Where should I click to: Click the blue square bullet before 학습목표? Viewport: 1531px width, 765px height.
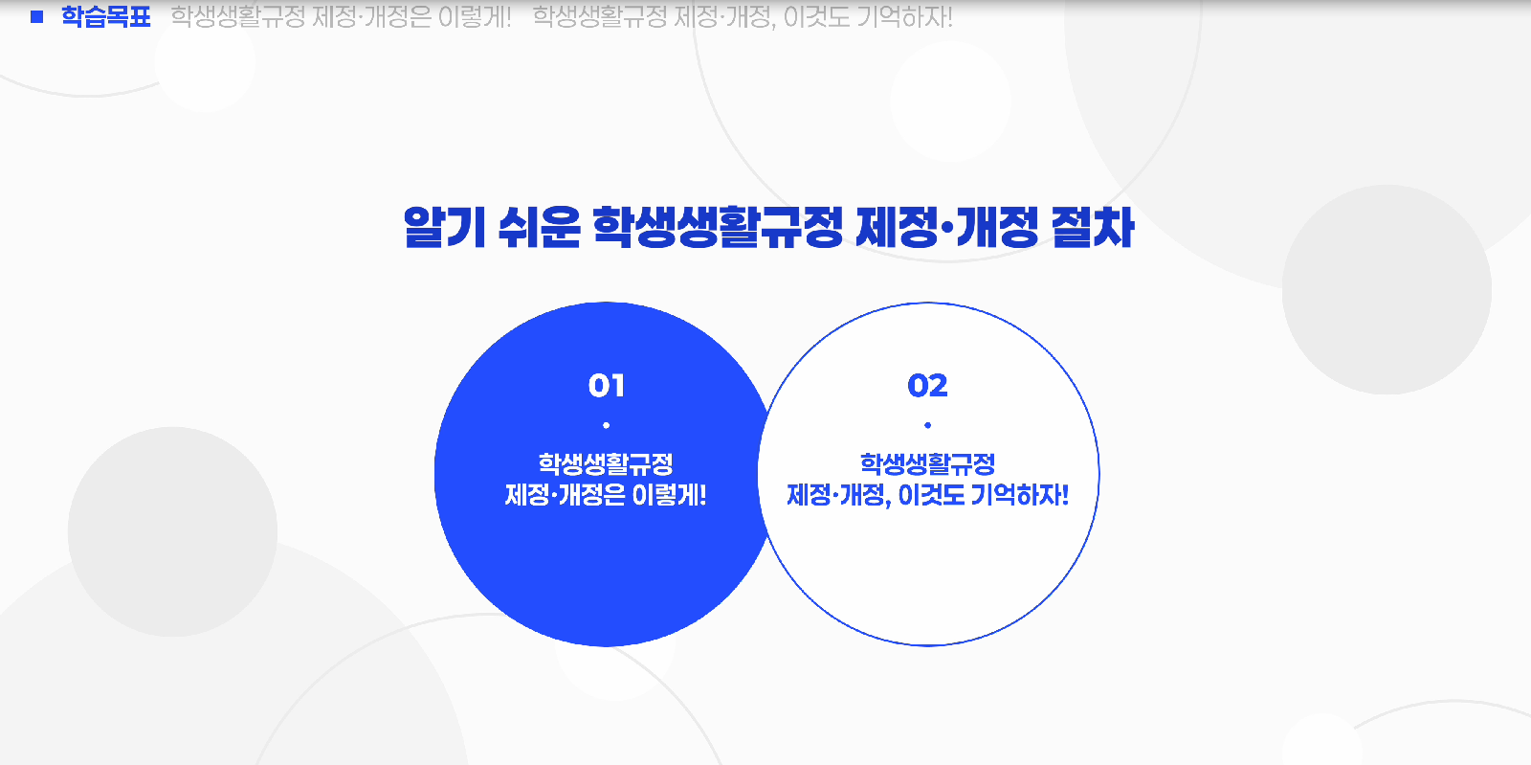coord(37,17)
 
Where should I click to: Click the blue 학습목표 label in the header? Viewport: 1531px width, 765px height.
coord(106,17)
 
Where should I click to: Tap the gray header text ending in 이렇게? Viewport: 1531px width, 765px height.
coord(341,17)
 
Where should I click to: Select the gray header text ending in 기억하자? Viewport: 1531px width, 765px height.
coord(743,17)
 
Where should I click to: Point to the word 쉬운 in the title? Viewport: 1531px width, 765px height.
coord(539,228)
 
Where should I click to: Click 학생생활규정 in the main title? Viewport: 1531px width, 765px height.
coord(718,228)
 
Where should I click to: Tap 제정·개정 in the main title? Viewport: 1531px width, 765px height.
coord(947,228)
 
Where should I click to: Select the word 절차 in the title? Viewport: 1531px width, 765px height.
coord(1092,228)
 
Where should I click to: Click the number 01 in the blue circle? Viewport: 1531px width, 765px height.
coord(607,386)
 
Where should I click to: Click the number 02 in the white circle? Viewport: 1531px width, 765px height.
coord(927,386)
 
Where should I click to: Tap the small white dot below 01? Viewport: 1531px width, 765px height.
coord(606,425)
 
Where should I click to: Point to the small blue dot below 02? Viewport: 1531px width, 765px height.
coord(927,425)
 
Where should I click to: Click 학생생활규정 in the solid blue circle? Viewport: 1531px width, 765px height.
coord(606,464)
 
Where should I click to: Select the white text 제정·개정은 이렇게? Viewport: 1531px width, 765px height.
coord(606,495)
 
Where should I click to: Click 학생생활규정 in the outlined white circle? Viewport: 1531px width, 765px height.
coord(927,464)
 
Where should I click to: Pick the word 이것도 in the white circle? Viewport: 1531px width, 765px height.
coord(931,495)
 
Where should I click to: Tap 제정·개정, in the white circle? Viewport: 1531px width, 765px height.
coord(838,495)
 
